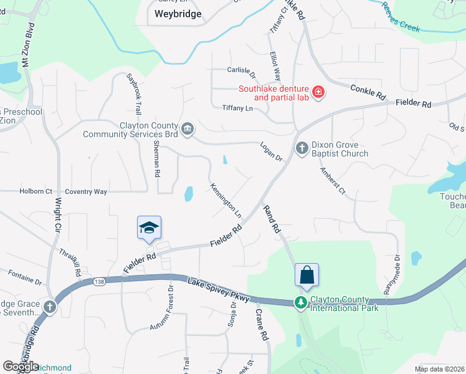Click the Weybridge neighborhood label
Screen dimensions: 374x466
pos(178,14)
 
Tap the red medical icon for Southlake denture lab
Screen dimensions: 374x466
pos(318,93)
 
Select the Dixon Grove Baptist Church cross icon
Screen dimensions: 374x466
pos(302,148)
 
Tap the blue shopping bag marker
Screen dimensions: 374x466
pos(307,274)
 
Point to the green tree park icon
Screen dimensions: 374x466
pos(302,302)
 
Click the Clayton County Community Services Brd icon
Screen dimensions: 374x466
pos(188,129)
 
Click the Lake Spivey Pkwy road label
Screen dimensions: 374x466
pos(218,291)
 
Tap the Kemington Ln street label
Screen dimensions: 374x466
pos(226,200)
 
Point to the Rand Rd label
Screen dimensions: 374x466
pos(272,219)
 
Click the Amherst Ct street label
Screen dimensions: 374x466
pos(333,181)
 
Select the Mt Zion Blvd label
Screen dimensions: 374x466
pos(26,50)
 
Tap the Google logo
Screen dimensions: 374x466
pos(21,367)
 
